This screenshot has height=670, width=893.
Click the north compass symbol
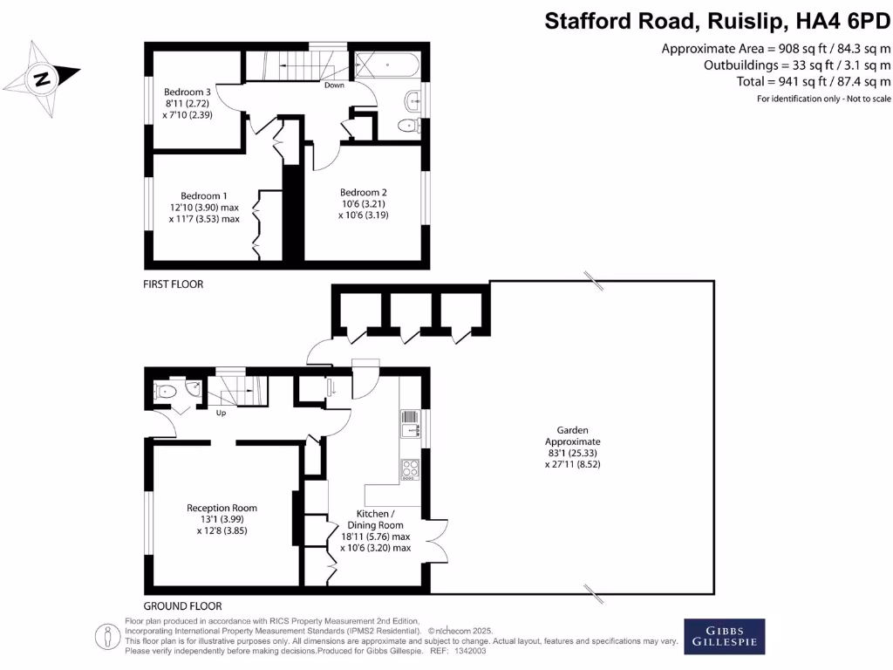coord(42,79)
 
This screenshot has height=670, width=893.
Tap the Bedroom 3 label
coord(187,103)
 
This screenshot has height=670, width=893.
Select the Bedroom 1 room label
coord(204,208)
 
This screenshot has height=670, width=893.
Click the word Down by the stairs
coord(334,85)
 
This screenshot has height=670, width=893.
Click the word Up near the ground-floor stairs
coord(221,413)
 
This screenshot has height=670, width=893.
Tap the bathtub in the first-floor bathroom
coord(387,65)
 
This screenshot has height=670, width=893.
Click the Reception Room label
coord(222,518)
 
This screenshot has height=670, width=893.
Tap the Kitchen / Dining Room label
coord(376,531)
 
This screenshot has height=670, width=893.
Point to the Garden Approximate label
coord(573,447)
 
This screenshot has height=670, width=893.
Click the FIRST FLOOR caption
coord(174,284)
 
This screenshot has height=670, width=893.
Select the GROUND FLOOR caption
coord(182,605)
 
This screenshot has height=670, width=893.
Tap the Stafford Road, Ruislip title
coord(718,21)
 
